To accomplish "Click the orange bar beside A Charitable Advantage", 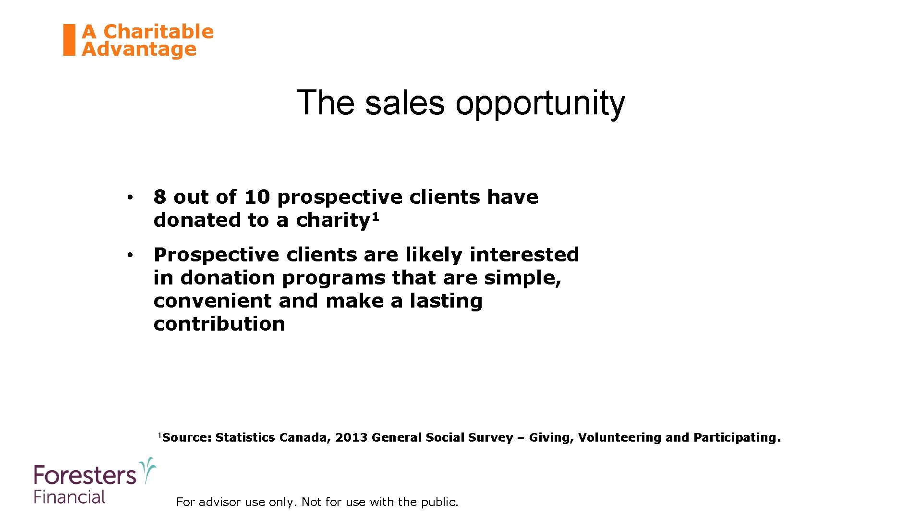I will (70, 40).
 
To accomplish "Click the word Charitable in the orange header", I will (158, 32).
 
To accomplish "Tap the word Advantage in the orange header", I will (139, 49).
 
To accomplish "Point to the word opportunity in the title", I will (540, 104).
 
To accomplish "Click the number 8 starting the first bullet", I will (160, 197).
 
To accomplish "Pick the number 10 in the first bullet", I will (257, 197).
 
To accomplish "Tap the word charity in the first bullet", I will (333, 221).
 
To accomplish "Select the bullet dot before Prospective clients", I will (130, 255).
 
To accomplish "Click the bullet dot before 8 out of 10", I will (130, 198).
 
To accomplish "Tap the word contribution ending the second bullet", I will (219, 324).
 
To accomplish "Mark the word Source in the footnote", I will (185, 438).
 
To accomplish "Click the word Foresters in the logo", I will (85, 476).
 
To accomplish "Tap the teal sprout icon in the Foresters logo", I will (147, 470).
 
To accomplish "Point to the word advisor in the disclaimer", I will (219, 502).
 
